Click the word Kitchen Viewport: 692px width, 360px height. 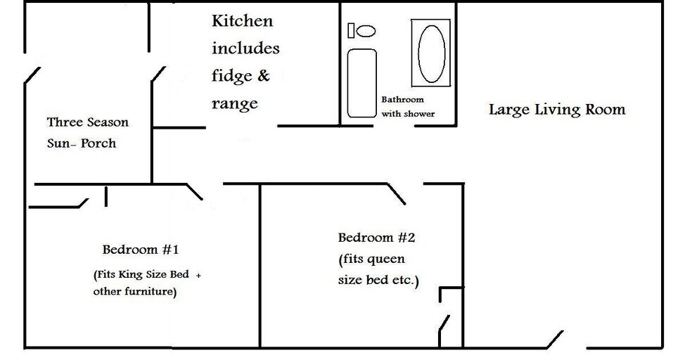(x=242, y=20)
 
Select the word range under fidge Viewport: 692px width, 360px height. (x=234, y=104)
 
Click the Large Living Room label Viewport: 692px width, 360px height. (x=556, y=110)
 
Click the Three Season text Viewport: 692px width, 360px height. (x=88, y=122)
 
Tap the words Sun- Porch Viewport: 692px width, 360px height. (x=82, y=143)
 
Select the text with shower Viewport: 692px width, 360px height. (x=408, y=114)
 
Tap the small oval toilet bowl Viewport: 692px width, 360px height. (x=366, y=31)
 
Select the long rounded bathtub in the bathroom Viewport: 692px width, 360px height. (x=362, y=82)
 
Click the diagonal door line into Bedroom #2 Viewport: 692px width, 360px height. (x=396, y=194)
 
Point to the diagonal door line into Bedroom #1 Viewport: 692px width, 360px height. (x=194, y=192)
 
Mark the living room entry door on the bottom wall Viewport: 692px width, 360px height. (x=554, y=338)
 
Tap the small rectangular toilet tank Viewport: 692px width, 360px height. (x=351, y=31)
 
